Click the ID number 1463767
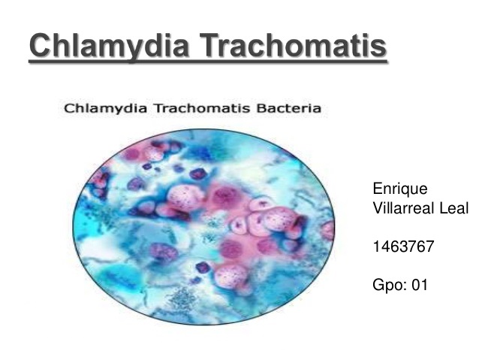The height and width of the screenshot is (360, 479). pyautogui.click(x=402, y=246)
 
